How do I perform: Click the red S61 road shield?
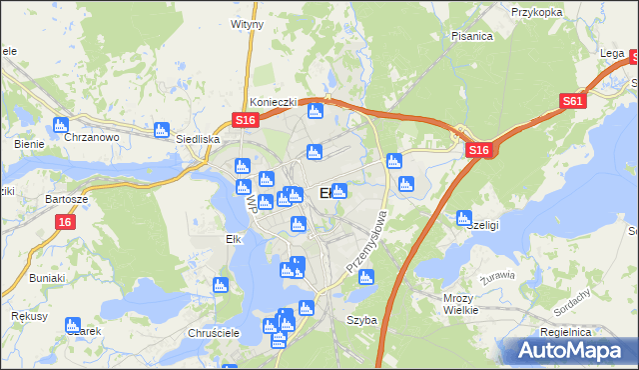click(572, 101)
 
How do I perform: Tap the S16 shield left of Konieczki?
click(247, 120)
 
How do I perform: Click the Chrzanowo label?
click(92, 138)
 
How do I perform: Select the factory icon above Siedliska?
click(162, 129)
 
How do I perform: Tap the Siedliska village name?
click(197, 140)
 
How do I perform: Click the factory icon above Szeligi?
click(463, 217)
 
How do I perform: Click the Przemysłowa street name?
click(365, 243)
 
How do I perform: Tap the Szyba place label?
click(360, 321)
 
